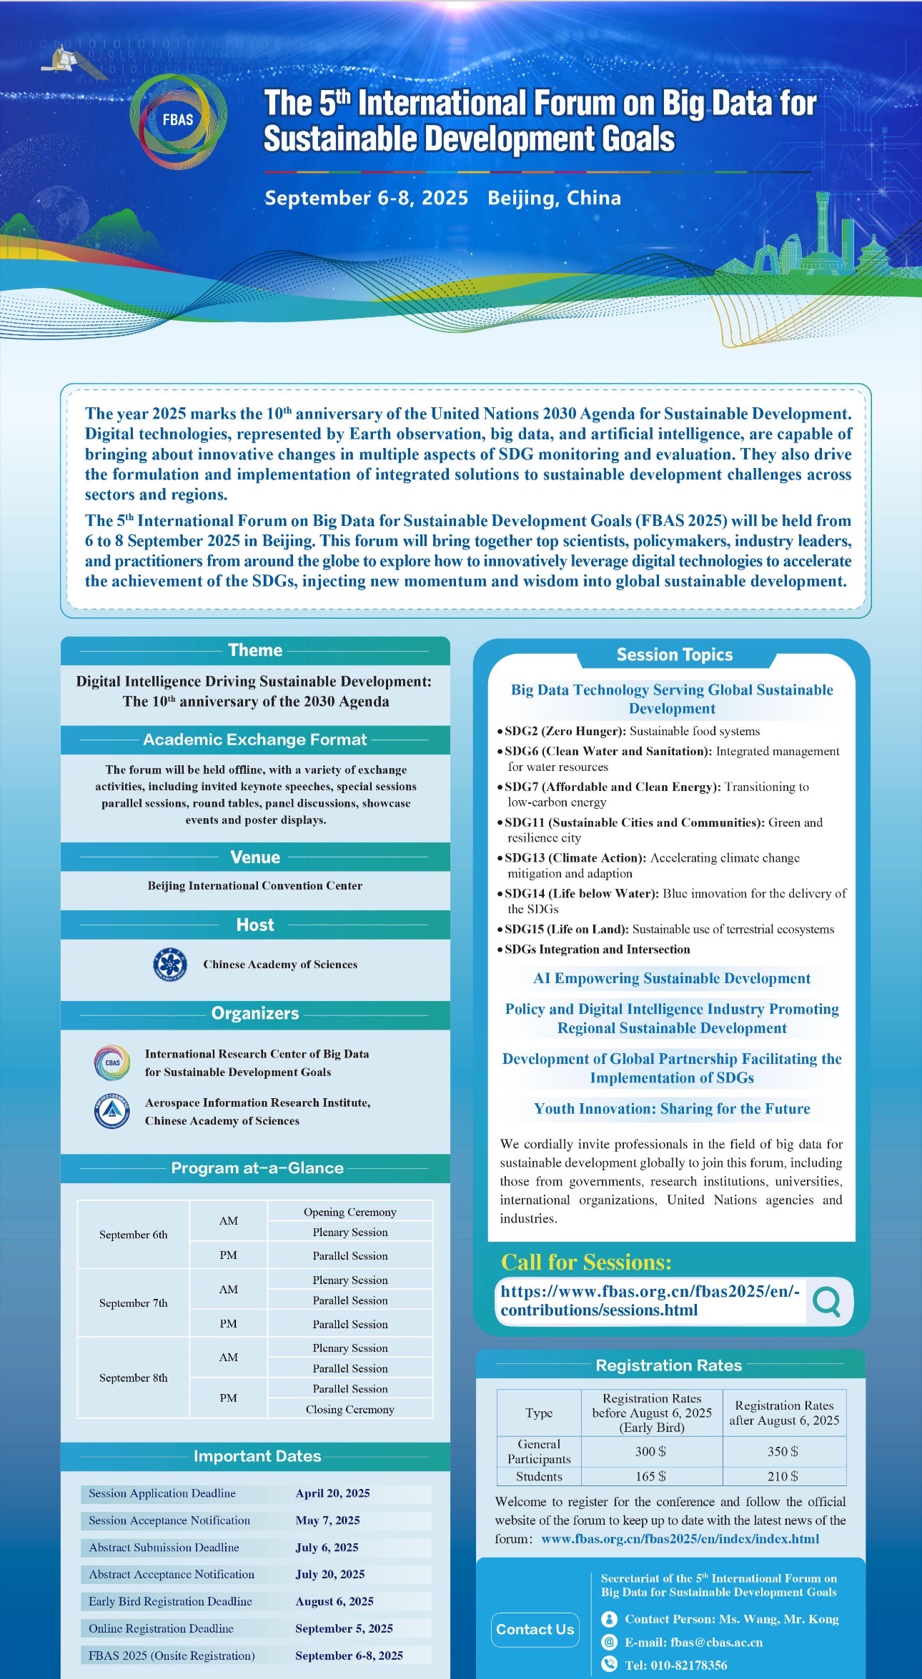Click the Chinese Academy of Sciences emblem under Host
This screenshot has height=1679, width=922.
point(170,964)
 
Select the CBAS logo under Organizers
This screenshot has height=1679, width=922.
point(112,1062)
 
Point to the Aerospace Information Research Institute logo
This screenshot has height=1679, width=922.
point(112,1111)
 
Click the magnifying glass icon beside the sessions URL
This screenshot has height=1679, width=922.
point(827,1300)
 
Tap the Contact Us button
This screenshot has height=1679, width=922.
point(535,1629)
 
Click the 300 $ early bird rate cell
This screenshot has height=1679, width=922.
point(651,1451)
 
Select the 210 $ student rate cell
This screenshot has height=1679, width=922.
point(783,1476)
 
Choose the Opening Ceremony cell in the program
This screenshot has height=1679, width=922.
point(350,1212)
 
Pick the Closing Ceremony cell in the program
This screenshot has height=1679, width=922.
point(350,1409)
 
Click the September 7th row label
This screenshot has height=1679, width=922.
point(134,1302)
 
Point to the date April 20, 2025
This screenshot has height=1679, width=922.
point(332,1493)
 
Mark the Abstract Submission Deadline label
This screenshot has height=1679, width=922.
point(164,1548)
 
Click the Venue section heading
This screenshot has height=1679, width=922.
point(255,857)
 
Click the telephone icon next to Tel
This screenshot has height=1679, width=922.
point(609,1664)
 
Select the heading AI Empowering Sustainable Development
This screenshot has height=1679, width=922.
point(672,978)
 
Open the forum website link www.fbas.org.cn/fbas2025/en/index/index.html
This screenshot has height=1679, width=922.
point(680,1539)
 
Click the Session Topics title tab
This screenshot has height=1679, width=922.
point(675,654)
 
